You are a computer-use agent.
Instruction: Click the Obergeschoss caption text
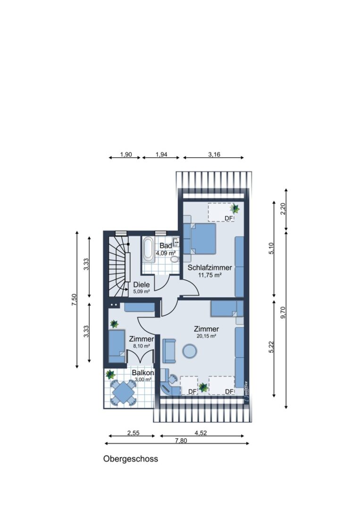coord(131,459)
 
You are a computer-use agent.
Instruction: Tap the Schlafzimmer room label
coord(210,268)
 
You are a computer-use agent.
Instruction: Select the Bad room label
coord(166,246)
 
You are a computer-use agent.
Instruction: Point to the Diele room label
coord(142,285)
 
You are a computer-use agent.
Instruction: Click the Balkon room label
coord(143,373)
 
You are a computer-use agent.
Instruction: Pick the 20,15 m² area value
coord(207,336)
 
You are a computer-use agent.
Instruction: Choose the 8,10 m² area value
coord(142,346)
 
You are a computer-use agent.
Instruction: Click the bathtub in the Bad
coord(148,249)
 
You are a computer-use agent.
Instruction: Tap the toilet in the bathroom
coord(175,259)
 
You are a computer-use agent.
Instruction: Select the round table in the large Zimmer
coord(189,351)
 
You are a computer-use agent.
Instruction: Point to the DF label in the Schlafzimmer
coord(229,218)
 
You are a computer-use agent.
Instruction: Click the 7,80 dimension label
coord(181,441)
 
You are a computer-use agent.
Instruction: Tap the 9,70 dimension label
coord(283,313)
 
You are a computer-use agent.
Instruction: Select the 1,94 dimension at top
coord(161,154)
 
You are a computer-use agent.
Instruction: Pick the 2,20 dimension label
coord(283,209)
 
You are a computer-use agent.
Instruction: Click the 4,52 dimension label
coord(201,433)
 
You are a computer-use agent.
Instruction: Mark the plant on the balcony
coord(110,374)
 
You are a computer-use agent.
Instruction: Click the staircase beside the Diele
coord(119,266)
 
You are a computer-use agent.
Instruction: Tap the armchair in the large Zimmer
coord(168,351)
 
